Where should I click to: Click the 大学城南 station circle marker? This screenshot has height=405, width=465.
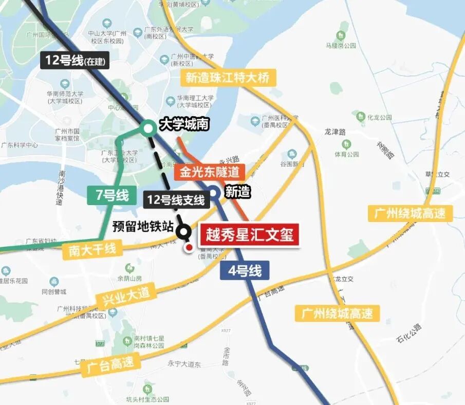point(148,127)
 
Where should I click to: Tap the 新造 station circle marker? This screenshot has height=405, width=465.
point(214,193)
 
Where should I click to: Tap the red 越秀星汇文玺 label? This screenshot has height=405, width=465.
point(249,235)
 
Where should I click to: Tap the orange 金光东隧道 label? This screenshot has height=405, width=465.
point(209,172)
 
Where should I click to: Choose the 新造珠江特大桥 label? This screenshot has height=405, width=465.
point(228,78)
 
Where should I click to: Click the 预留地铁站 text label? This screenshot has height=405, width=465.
point(143,226)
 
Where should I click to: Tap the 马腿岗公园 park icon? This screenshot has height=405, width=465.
point(341,36)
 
